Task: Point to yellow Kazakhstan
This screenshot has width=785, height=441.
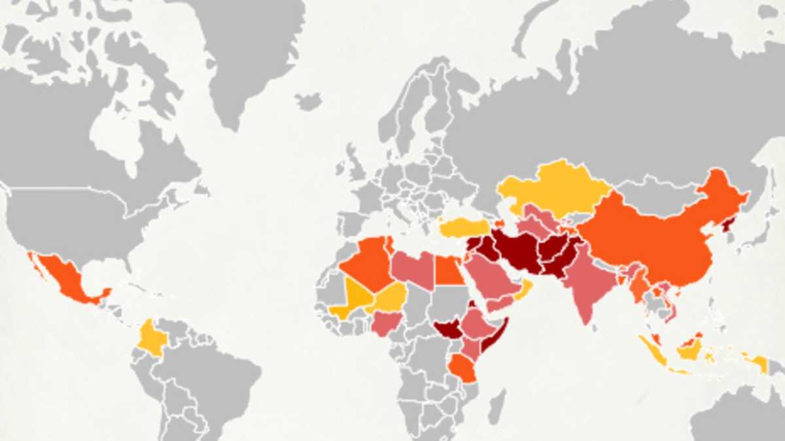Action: point(556,186)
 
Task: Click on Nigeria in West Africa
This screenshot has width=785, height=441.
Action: point(386,323)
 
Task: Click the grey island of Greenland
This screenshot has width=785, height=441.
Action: point(242,52)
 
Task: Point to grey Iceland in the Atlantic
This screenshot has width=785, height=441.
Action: point(308,101)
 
